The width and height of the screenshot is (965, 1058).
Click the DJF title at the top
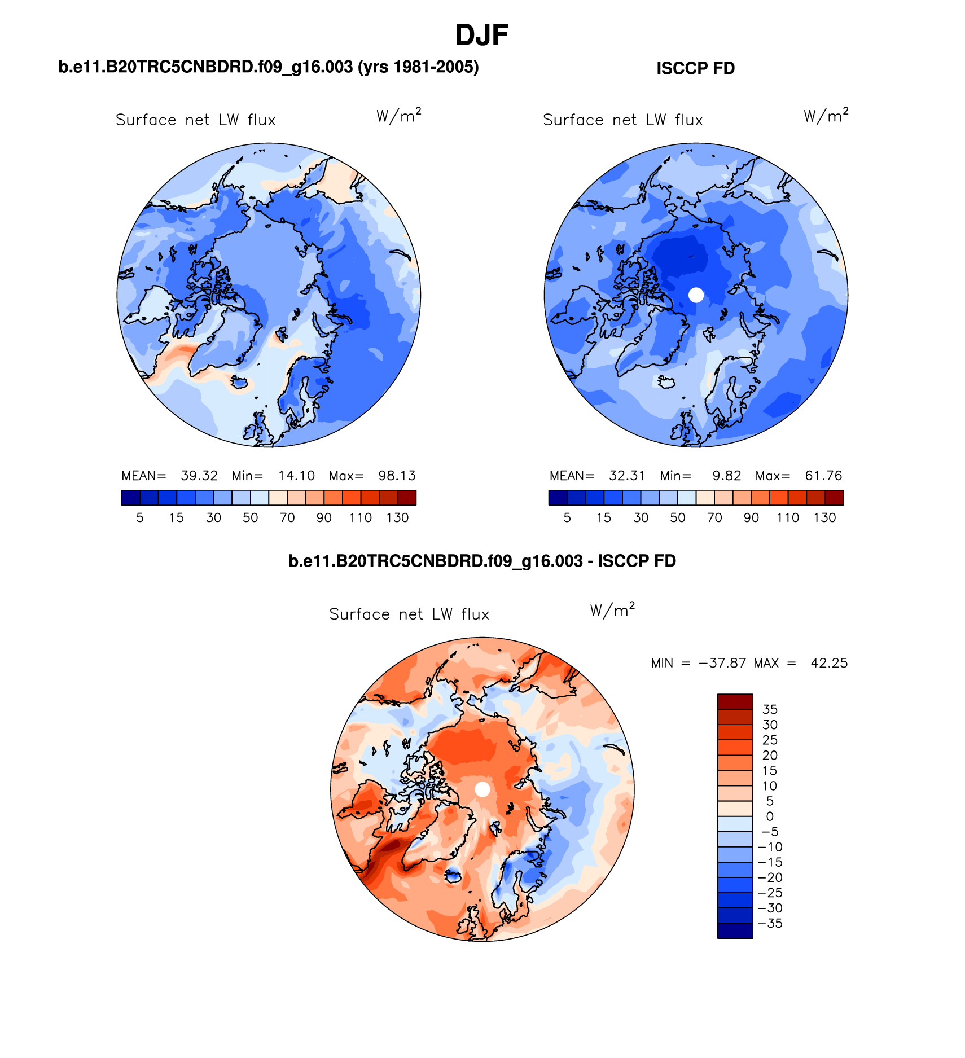[481, 36]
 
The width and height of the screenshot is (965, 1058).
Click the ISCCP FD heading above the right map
[695, 69]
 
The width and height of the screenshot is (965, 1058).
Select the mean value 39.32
[199, 476]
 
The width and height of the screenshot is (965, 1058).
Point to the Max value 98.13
[397, 476]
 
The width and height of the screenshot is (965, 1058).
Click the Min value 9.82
[726, 476]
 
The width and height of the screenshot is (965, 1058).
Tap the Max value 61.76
[823, 476]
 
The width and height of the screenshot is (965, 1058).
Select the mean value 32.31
[626, 476]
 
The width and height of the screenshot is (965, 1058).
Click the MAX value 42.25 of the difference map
[829, 663]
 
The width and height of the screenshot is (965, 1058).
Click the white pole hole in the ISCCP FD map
[696, 295]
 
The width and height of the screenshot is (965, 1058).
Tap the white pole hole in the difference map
[482, 789]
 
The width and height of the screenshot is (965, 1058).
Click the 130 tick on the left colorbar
[397, 518]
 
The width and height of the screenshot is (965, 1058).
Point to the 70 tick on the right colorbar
[714, 518]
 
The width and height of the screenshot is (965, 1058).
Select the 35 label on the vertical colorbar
[770, 709]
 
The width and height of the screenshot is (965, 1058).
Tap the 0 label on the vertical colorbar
[770, 816]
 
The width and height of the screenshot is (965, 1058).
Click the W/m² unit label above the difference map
[612, 610]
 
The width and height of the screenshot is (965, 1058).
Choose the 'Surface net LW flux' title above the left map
[195, 120]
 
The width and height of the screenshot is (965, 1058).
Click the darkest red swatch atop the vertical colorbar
[735, 701]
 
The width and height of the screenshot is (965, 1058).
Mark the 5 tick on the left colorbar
[140, 518]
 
